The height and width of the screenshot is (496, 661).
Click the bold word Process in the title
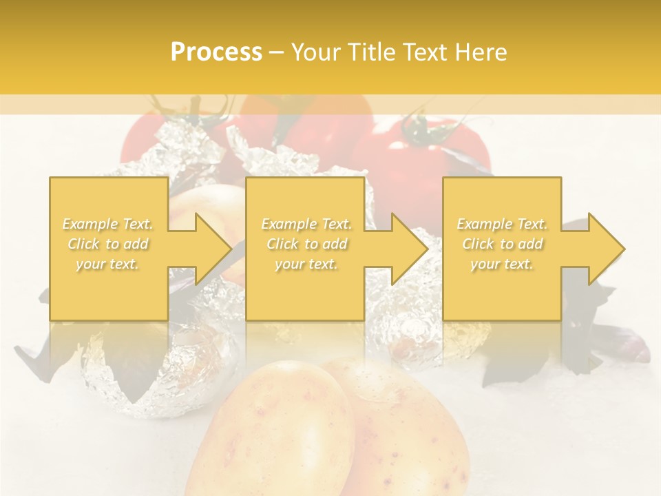click(x=216, y=52)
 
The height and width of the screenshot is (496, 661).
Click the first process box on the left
click(x=108, y=296)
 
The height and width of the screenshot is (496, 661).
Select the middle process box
click(x=305, y=296)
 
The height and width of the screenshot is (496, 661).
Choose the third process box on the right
click(x=501, y=296)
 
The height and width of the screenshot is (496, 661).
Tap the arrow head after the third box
click(x=605, y=249)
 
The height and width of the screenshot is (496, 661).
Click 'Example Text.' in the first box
click(x=108, y=224)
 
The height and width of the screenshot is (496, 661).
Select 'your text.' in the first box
click(x=108, y=264)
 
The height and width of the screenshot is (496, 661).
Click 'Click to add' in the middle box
click(x=306, y=244)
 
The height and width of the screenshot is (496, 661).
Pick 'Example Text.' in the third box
click(x=502, y=224)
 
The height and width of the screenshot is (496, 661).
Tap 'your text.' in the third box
click(x=502, y=264)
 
